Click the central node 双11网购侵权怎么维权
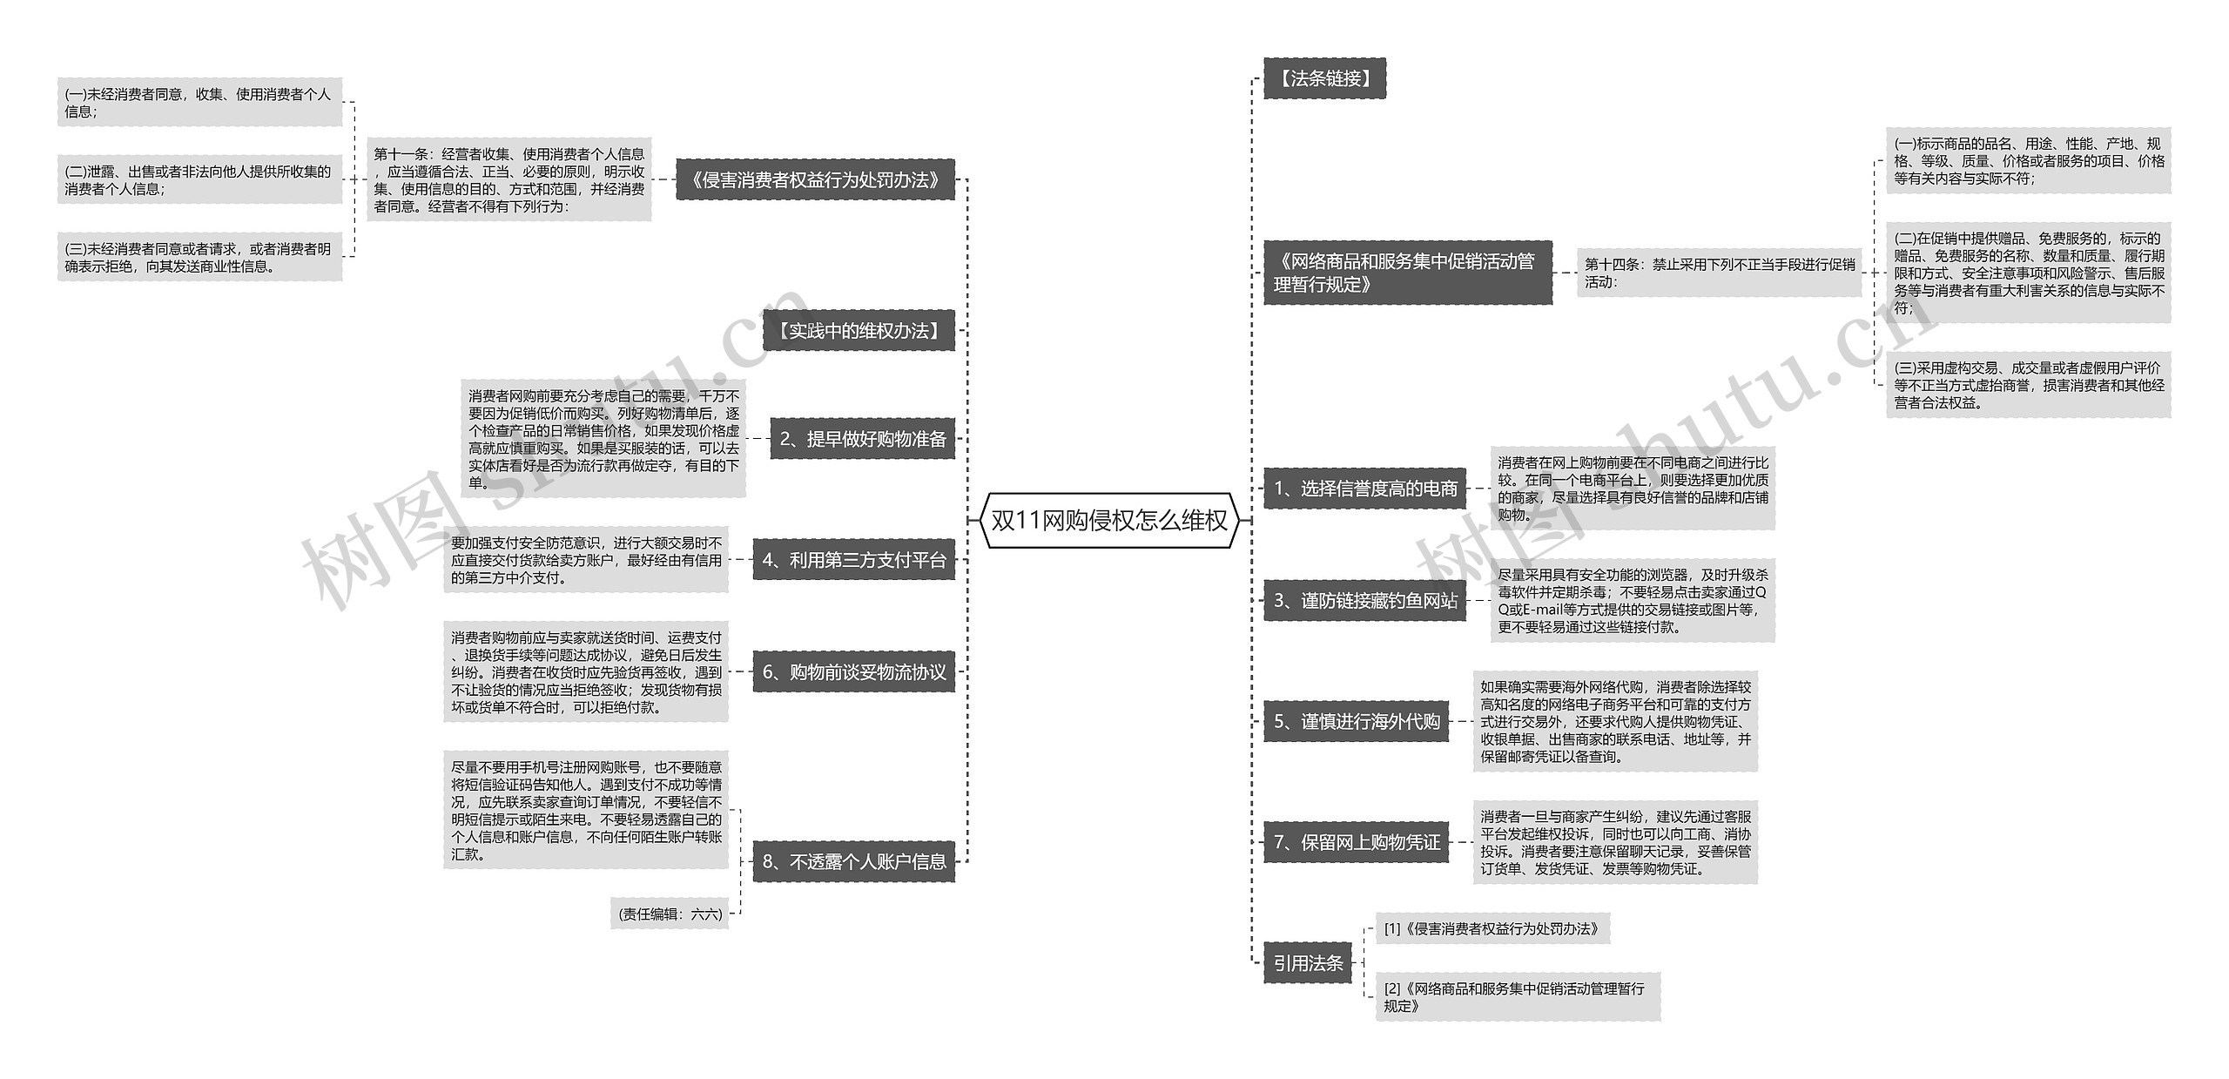click(1109, 521)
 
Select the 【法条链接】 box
click(1324, 79)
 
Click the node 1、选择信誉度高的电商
click(1364, 489)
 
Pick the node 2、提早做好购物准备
click(862, 439)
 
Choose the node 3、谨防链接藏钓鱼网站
click(1364, 601)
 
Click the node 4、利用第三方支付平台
click(853, 560)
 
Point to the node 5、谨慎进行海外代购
click(1356, 721)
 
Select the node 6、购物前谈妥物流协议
click(853, 672)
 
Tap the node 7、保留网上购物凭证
click(1356, 842)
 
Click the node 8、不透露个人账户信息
click(853, 862)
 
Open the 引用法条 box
click(1308, 963)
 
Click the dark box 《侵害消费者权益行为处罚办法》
click(815, 180)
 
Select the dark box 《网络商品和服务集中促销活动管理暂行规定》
click(1407, 273)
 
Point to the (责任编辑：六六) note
click(670, 914)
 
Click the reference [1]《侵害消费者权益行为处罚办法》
click(1492, 929)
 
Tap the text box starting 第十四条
click(1719, 273)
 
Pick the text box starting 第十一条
click(508, 180)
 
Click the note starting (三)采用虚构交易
click(2028, 385)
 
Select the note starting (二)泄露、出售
click(199, 180)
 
